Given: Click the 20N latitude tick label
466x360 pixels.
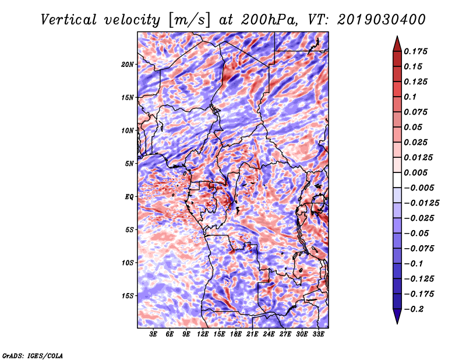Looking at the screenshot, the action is pyautogui.click(x=128, y=65).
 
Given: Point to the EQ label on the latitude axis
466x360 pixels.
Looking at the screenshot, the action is pyautogui.click(x=129, y=197).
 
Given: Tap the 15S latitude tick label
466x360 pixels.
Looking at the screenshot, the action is pyautogui.click(x=128, y=296).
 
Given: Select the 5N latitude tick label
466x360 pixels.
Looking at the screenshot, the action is pyautogui.click(x=129, y=164).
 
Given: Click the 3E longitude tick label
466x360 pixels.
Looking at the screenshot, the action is pyautogui.click(x=153, y=334).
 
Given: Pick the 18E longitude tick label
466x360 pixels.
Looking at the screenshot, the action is pyautogui.click(x=236, y=334).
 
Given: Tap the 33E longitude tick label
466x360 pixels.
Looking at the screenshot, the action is pyautogui.click(x=318, y=334).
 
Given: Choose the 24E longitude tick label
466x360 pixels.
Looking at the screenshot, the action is pyautogui.click(x=269, y=334).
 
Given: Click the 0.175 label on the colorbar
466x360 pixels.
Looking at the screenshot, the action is pyautogui.click(x=415, y=51).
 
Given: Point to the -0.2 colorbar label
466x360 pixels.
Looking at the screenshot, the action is pyautogui.click(x=414, y=309).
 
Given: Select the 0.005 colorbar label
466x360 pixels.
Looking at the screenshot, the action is pyautogui.click(x=415, y=172).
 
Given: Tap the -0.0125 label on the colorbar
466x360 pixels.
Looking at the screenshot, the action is pyautogui.click(x=421, y=203).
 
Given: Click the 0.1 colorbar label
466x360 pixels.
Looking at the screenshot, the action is pyautogui.click(x=410, y=97).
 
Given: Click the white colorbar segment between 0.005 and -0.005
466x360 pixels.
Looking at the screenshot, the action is pyautogui.click(x=397, y=180).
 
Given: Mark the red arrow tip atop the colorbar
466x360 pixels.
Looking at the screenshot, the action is pyautogui.click(x=397, y=37).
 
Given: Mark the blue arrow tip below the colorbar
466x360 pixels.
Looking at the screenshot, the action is pyautogui.click(x=397, y=323).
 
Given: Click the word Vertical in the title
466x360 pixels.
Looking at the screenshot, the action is pyautogui.click(x=69, y=20).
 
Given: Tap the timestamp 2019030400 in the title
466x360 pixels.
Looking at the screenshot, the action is pyautogui.click(x=382, y=20).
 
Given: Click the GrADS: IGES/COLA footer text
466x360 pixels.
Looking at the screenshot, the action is pyautogui.click(x=33, y=355).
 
